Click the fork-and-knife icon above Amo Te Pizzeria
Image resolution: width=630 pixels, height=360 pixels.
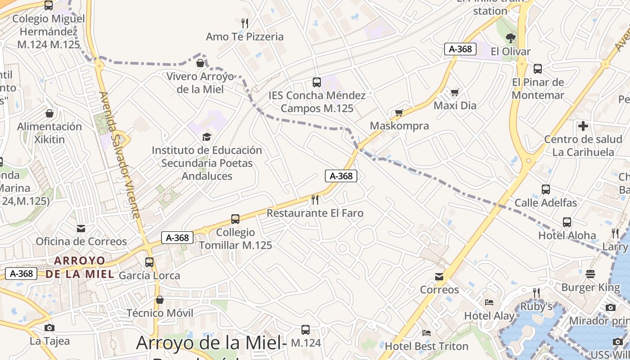245,23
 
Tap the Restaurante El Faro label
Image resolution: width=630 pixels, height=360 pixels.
315,213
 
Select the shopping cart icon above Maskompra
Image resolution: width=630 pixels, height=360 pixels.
399,112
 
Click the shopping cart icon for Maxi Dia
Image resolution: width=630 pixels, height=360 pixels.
454,93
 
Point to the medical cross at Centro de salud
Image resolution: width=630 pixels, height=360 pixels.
583,126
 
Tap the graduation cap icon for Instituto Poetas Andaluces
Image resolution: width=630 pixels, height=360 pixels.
207,137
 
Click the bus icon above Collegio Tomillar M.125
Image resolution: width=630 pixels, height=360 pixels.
235,219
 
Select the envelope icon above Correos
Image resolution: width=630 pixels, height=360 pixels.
439,276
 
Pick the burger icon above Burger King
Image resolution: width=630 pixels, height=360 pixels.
590,274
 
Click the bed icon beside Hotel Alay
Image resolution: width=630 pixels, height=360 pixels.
489,302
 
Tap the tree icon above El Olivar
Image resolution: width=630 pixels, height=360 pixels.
510,38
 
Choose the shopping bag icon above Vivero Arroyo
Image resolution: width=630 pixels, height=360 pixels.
200,63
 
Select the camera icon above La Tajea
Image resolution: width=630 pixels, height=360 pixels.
49,328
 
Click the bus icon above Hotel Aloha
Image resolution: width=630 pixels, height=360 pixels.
567,222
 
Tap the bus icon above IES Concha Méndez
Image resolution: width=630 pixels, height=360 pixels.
317,82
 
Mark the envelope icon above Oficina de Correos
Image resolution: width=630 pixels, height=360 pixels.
81,229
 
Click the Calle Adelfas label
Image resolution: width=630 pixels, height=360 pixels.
545,203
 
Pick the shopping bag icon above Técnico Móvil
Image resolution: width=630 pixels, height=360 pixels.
160,300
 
